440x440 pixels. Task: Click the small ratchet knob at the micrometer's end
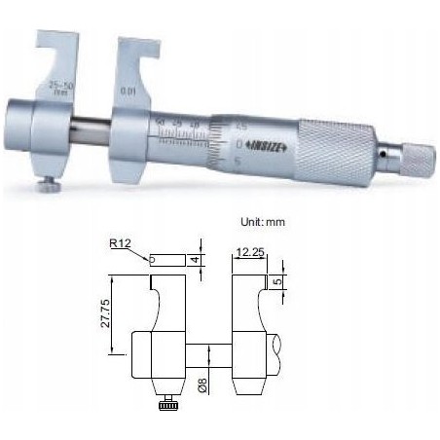(x=413, y=156)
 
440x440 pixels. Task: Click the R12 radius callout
(x=123, y=246)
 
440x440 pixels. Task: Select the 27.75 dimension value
(x=116, y=312)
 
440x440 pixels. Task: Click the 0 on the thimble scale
(x=240, y=143)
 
